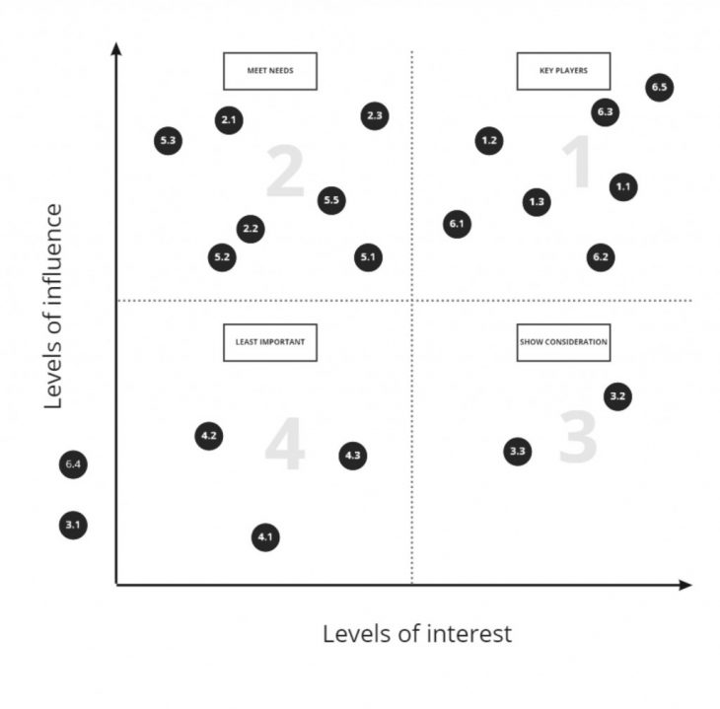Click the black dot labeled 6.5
(660, 88)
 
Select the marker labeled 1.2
(488, 141)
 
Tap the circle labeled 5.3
(168, 141)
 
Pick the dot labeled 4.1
(264, 537)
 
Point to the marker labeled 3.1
(72, 525)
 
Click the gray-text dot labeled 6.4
(72, 463)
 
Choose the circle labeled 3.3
(518, 453)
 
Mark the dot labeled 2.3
(374, 116)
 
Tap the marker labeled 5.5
(331, 201)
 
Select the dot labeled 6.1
(456, 225)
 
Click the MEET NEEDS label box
(269, 71)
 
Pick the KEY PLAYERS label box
(563, 71)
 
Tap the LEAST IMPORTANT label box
(269, 342)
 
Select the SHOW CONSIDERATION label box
(563, 342)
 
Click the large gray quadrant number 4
(284, 447)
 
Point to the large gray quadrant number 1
(576, 164)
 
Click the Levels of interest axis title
(417, 634)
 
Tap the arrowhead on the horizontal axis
(685, 585)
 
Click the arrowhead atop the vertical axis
(116, 49)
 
